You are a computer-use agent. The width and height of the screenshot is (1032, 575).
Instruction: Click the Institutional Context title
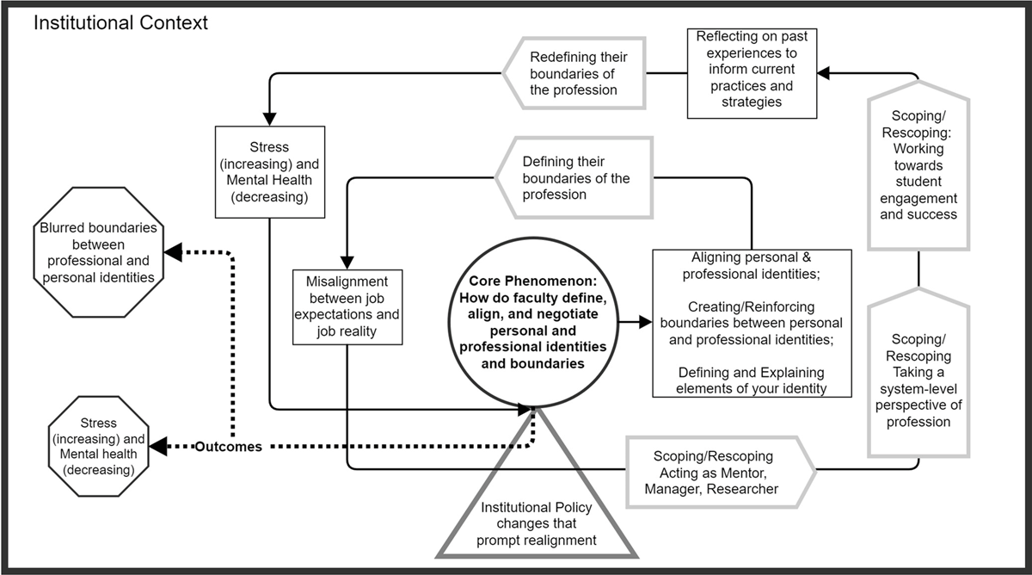(120, 23)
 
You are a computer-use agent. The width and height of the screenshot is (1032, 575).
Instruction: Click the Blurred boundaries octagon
(97, 253)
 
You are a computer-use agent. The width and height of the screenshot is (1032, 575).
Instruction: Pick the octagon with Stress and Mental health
(99, 447)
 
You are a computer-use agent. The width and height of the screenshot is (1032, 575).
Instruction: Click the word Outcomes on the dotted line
(228, 447)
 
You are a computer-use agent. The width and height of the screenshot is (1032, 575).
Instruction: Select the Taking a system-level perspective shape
(918, 370)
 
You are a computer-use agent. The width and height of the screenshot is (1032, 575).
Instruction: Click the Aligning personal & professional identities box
(752, 323)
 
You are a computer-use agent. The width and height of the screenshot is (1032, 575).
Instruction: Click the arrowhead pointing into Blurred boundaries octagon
(172, 252)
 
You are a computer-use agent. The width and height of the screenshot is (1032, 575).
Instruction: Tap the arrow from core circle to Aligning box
(636, 323)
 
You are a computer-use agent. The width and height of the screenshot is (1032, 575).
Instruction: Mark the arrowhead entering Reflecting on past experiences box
(824, 74)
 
